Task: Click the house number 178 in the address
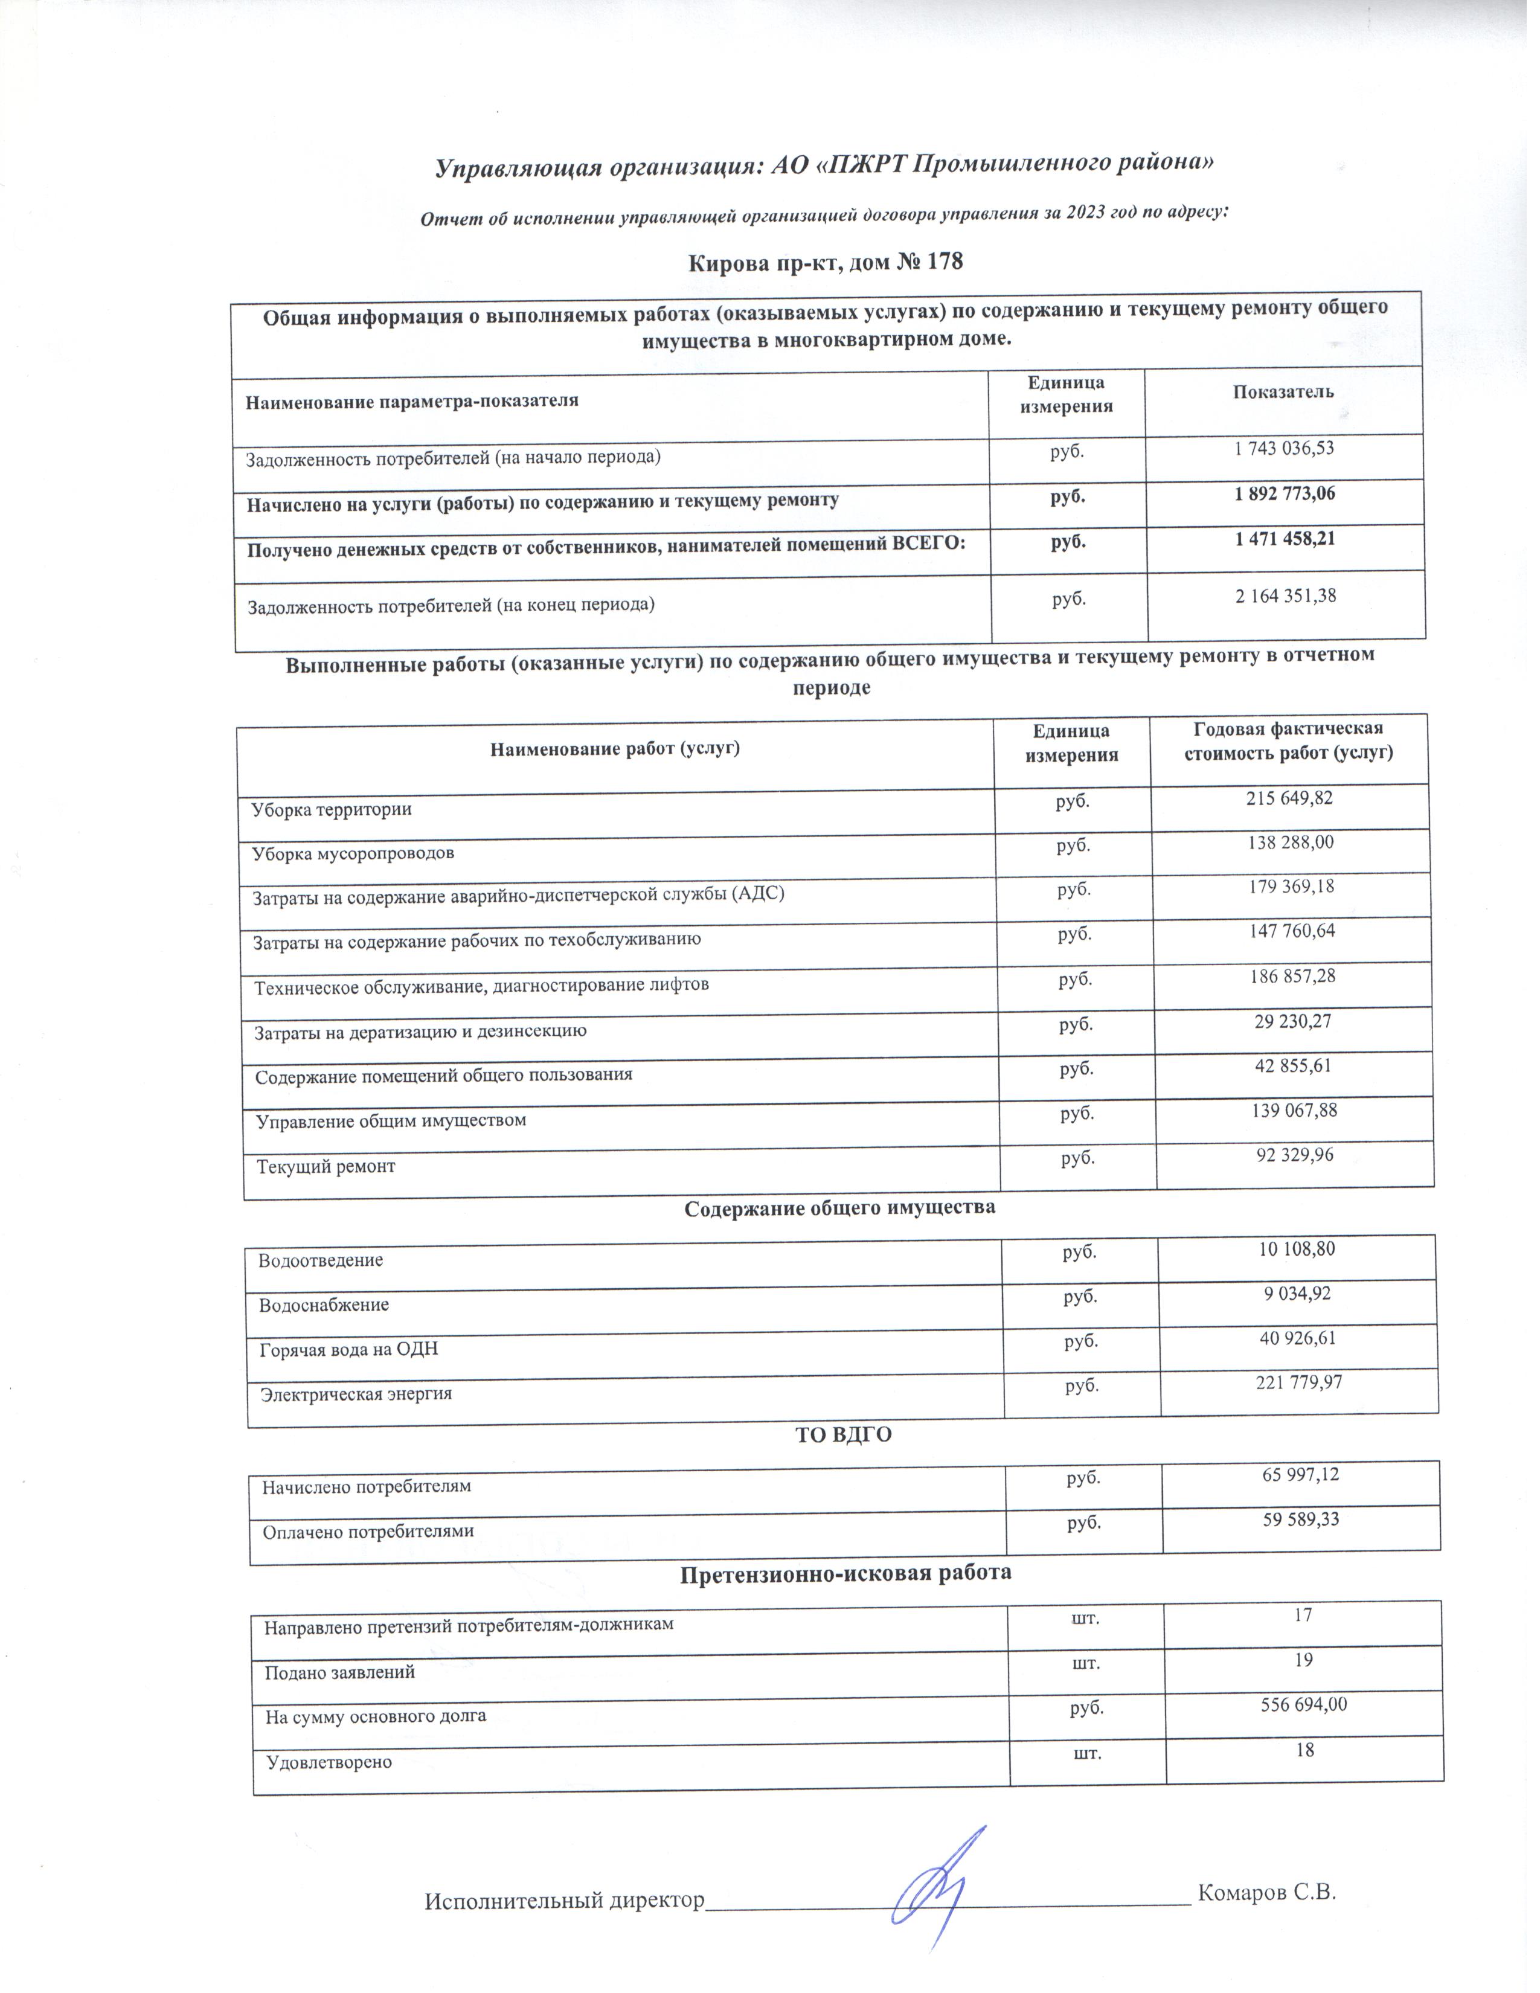945,263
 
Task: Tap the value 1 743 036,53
1285,449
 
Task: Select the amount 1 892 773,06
1285,493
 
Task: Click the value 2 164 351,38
1286,596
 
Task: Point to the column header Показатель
1283,393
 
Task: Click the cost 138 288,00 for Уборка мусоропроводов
1290,842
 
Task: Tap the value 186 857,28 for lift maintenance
1291,977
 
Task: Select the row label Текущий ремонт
326,1166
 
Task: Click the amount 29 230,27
1292,1021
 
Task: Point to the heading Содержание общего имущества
839,1208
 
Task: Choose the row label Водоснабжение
324,1305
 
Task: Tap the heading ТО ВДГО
844,1436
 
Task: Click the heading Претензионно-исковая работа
845,1573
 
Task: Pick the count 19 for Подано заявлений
1303,1660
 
